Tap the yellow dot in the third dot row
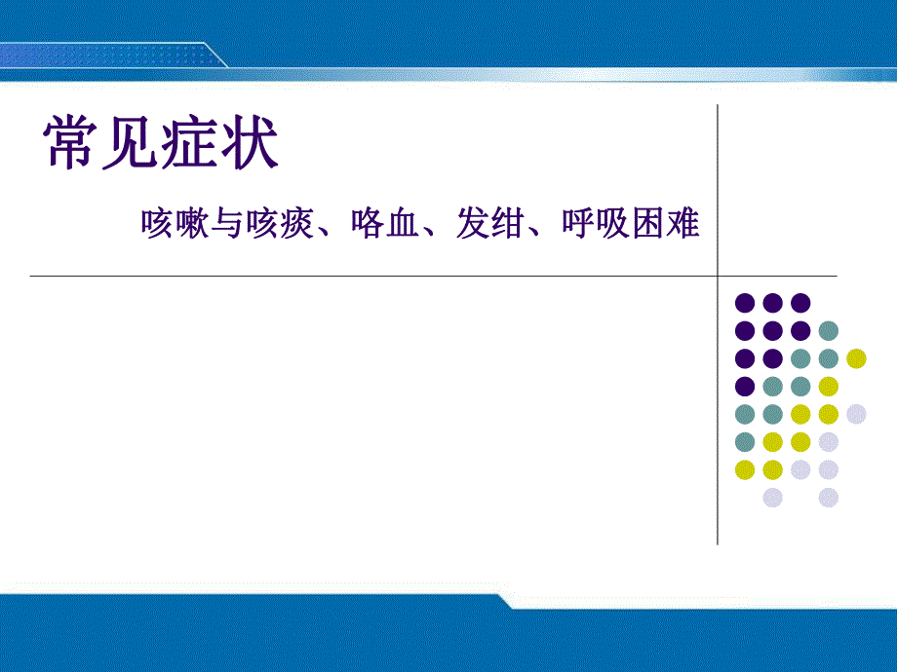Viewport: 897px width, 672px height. pos(856,357)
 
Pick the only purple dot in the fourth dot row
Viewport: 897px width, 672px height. pos(745,386)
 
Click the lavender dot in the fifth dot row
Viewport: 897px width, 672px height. pos(856,414)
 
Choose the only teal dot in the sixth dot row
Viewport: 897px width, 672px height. pos(745,442)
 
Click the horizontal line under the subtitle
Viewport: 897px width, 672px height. pos(390,276)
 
